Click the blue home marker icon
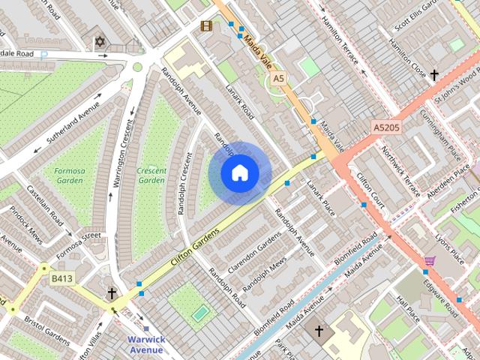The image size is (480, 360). [x=239, y=173]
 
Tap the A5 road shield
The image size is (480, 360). [x=279, y=78]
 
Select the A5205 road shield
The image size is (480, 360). [x=388, y=129]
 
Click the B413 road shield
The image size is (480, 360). [x=64, y=279]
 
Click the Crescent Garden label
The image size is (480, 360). [x=151, y=175]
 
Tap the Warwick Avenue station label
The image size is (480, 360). [x=145, y=344]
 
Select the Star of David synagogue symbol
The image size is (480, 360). [x=100, y=42]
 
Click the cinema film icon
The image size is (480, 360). [x=206, y=26]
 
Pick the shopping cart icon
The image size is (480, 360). [x=430, y=260]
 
